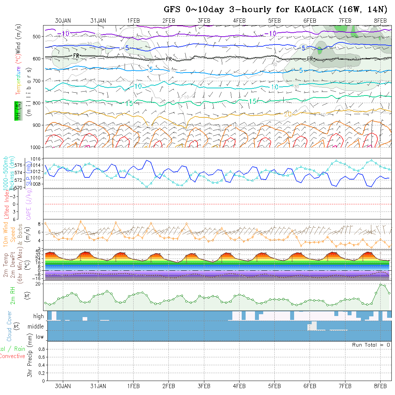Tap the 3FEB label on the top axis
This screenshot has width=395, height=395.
pyautogui.click(x=204, y=20)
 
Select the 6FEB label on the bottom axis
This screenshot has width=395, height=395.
pyautogui.click(x=310, y=386)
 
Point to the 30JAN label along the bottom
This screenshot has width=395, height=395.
pyautogui.click(x=63, y=386)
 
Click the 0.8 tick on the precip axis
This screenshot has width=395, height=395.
pyautogui.click(x=41, y=349)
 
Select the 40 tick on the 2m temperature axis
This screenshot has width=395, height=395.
pyautogui.click(x=41, y=251)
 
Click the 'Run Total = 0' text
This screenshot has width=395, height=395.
pyautogui.click(x=371, y=345)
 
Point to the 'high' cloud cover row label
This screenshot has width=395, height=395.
pyautogui.click(x=38, y=316)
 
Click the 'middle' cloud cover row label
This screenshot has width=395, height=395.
pyautogui.click(x=36, y=327)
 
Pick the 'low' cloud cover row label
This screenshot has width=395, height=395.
pyautogui.click(x=39, y=337)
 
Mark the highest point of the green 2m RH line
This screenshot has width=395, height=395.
pyautogui.click(x=381, y=284)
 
